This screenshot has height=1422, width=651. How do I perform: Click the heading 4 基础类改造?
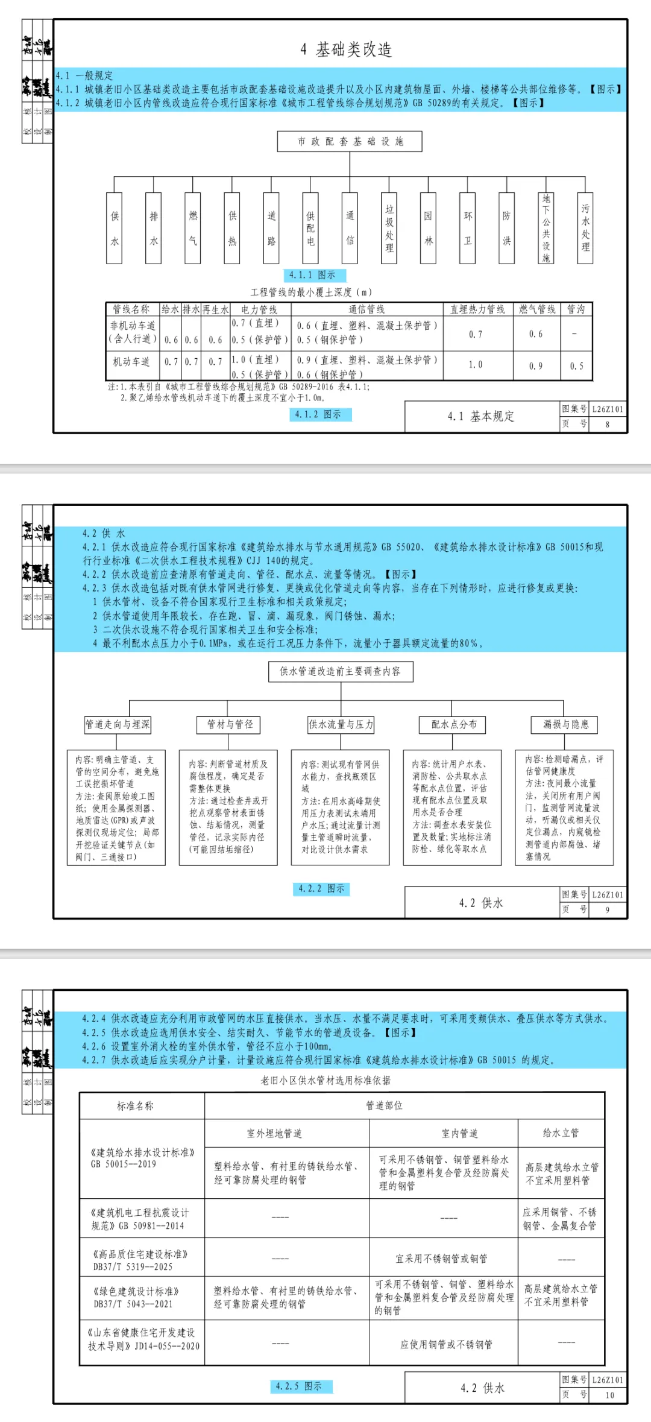pyautogui.click(x=347, y=49)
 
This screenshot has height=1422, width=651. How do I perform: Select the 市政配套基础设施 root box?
pyautogui.click(x=350, y=142)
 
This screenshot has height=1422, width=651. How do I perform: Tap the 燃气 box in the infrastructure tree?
pyautogui.click(x=193, y=228)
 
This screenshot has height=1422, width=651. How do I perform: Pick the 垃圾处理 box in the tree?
pyautogui.click(x=389, y=228)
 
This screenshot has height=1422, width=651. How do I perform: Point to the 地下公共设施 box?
pyautogui.click(x=546, y=228)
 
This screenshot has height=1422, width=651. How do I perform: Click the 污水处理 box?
pyautogui.click(x=585, y=228)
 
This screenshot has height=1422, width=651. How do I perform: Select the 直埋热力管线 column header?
pyautogui.click(x=477, y=309)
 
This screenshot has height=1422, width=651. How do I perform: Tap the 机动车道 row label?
pyautogui.click(x=131, y=362)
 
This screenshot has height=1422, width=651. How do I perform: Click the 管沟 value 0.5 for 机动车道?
pyautogui.click(x=577, y=366)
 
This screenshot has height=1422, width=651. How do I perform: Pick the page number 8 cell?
pyautogui.click(x=607, y=424)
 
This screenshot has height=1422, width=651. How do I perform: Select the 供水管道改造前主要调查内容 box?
pyautogui.click(x=341, y=671)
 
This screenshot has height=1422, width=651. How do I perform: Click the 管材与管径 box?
pyautogui.click(x=230, y=724)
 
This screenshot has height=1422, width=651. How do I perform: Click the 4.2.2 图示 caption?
pyautogui.click(x=321, y=889)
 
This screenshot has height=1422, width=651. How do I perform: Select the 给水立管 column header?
pyautogui.click(x=561, y=1133)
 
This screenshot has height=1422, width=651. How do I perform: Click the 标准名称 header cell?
pyautogui.click(x=135, y=1106)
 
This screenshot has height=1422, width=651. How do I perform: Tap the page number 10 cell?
pyautogui.click(x=609, y=1395)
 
